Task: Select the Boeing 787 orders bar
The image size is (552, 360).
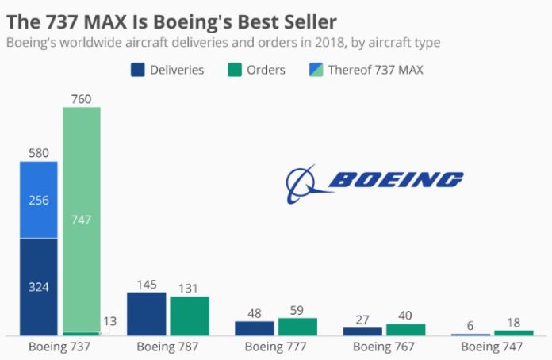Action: click(x=190, y=316)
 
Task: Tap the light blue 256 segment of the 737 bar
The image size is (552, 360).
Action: click(x=39, y=200)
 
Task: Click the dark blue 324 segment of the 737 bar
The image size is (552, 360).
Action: click(x=39, y=286)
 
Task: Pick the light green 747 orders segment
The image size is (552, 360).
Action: click(x=82, y=220)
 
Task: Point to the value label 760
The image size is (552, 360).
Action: click(x=82, y=99)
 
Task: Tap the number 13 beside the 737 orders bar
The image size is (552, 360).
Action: click(x=111, y=321)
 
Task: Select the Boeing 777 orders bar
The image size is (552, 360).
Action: click(x=297, y=326)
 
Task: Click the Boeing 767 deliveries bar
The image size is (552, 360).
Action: click(x=362, y=331)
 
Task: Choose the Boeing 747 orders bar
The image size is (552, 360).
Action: click(x=513, y=332)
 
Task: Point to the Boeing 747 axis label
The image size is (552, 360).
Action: click(x=492, y=347)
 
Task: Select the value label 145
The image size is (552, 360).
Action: click(x=147, y=284)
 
